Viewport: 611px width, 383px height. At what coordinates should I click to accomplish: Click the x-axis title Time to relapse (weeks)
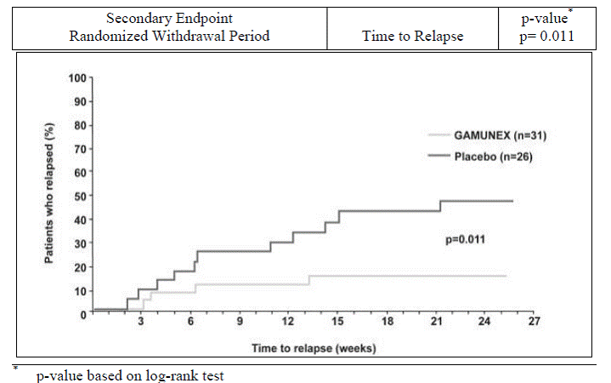pyautogui.click(x=313, y=348)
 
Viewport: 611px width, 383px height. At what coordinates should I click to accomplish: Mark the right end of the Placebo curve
pyautogui.click(x=512, y=201)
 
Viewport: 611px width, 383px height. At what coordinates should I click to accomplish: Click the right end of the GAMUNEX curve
pyautogui.click(x=506, y=276)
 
